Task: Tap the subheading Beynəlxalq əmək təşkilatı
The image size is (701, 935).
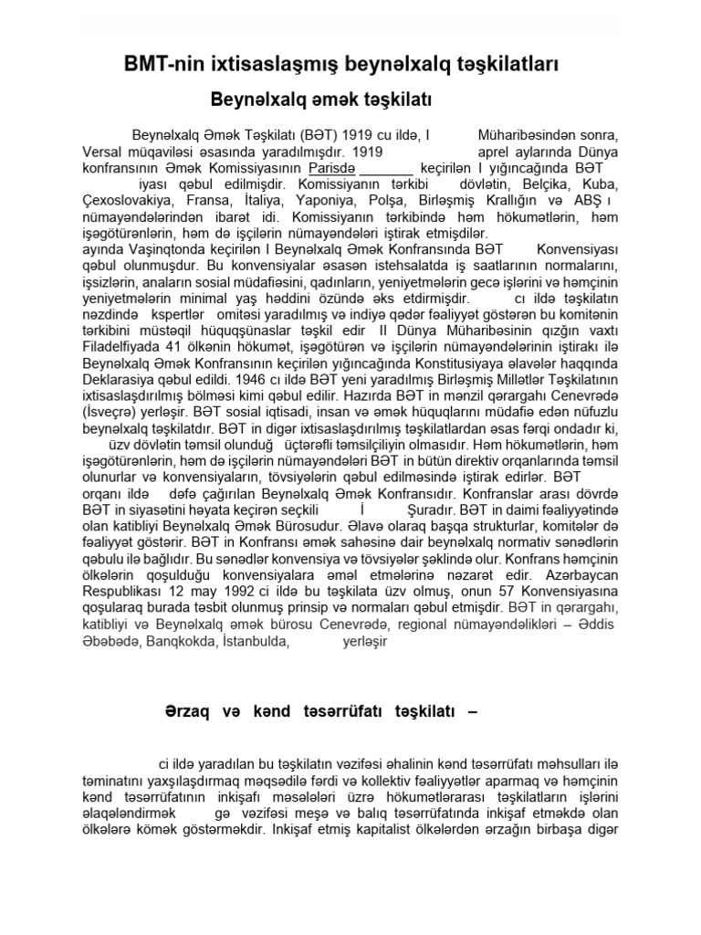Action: tap(321, 98)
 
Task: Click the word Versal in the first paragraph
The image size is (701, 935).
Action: tap(103, 152)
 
